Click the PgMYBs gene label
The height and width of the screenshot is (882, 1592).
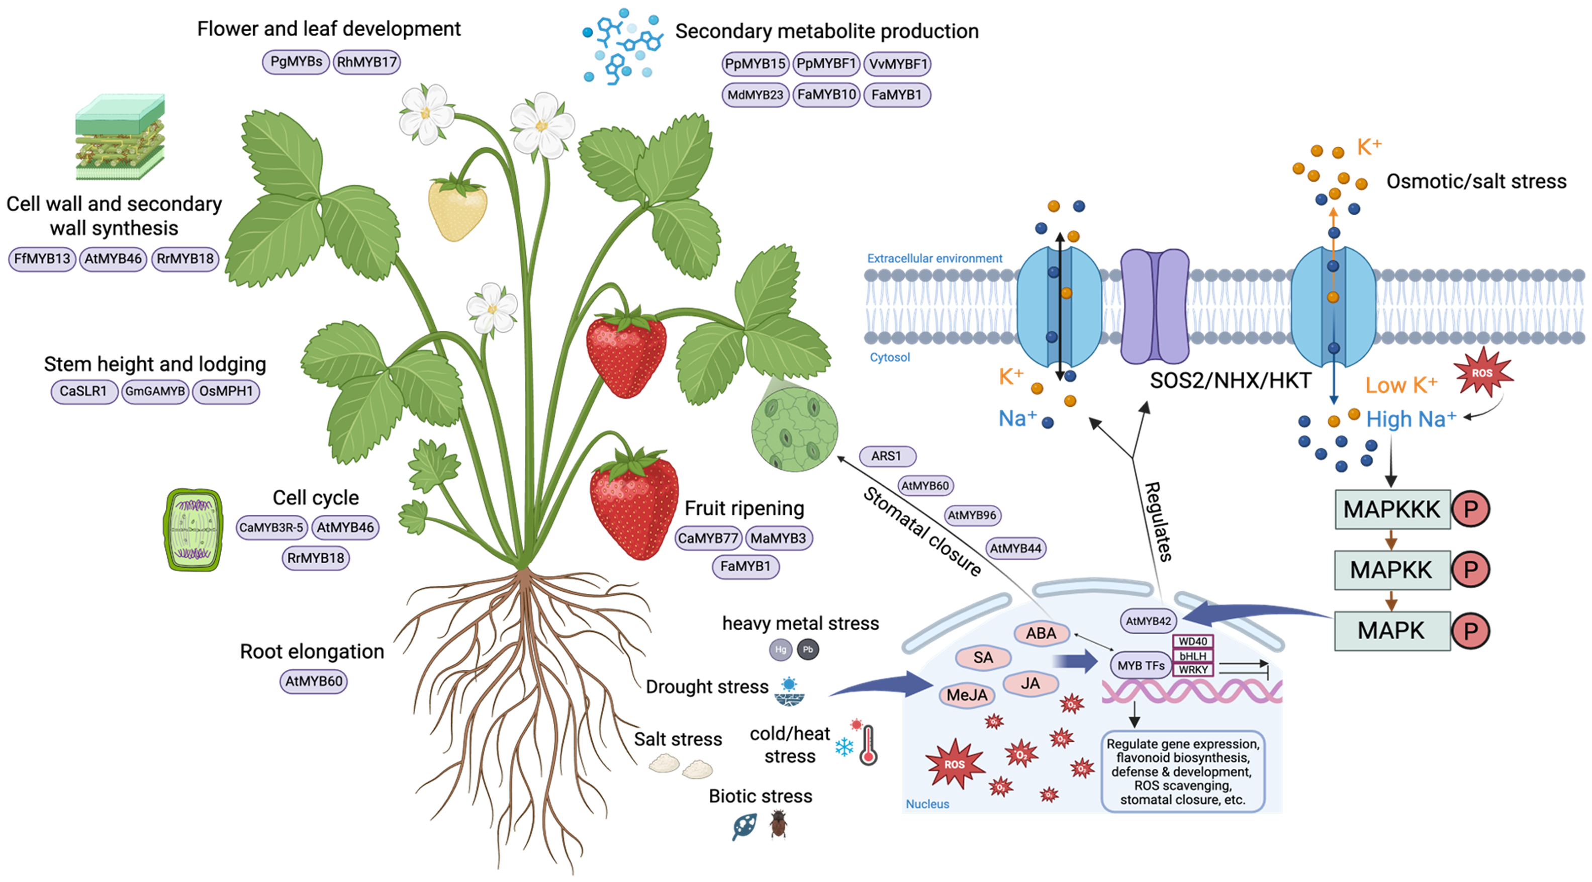(296, 62)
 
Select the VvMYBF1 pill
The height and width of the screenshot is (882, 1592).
(897, 64)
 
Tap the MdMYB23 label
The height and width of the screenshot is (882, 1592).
(755, 95)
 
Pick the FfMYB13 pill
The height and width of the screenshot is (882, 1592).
(42, 259)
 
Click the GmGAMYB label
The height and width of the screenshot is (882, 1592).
(155, 391)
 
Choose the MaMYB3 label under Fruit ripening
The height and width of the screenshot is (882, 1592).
(778, 539)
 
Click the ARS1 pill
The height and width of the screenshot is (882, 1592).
(886, 456)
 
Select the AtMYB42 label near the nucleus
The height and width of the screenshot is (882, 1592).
(1148, 621)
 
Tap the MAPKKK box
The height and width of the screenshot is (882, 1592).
(1392, 510)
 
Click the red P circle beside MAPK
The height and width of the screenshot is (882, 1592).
(1471, 631)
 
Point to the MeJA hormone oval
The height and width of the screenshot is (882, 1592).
(967, 695)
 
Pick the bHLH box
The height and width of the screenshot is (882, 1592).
(1193, 656)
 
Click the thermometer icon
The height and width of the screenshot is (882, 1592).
(868, 745)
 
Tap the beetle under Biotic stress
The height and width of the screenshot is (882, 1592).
(778, 825)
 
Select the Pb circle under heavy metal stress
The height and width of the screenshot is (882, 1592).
(808, 650)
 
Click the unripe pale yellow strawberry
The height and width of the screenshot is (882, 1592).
(457, 208)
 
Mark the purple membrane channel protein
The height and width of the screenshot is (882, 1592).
(1155, 306)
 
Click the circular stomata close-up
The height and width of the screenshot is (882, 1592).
(795, 429)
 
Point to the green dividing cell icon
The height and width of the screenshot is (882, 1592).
(194, 530)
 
